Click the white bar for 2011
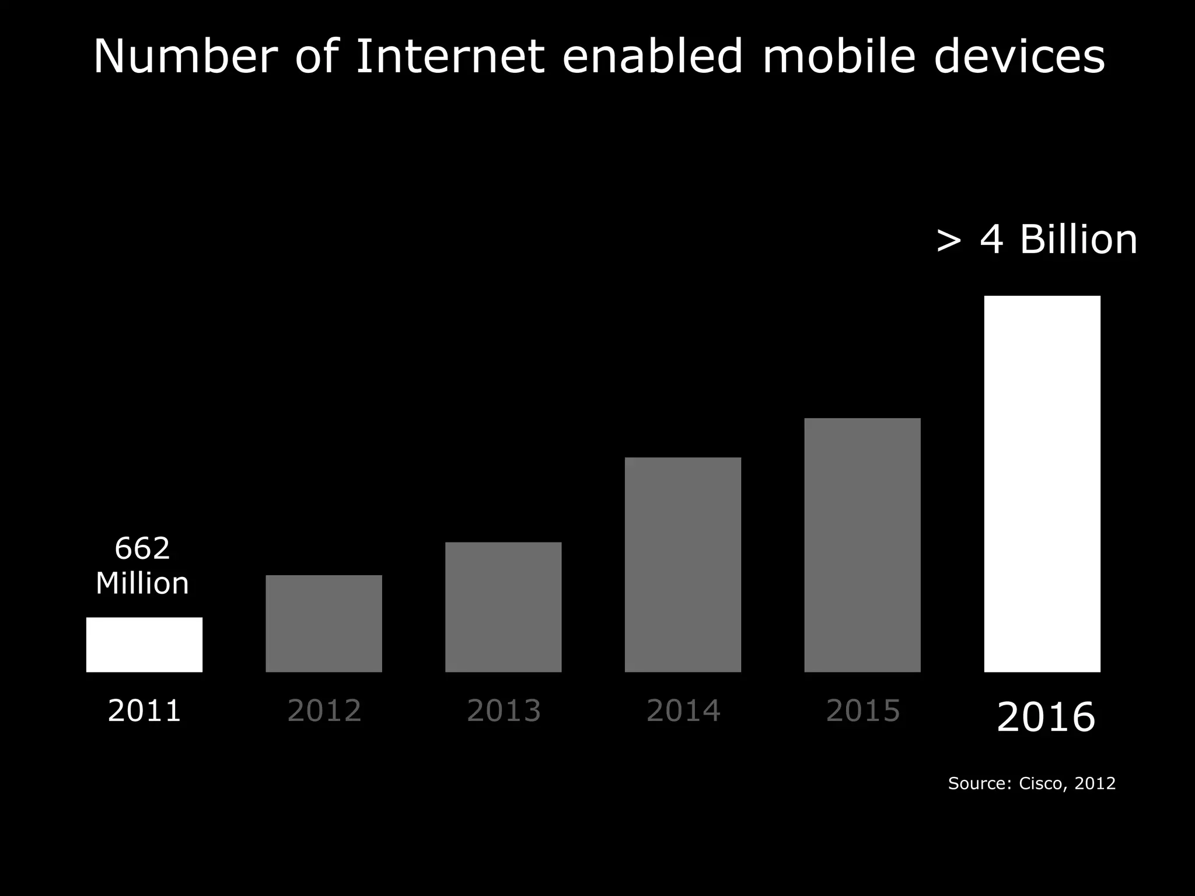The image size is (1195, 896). pyautogui.click(x=144, y=645)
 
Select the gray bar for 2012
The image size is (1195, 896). pyautogui.click(x=324, y=624)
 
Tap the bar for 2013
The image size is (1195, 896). pyautogui.click(x=503, y=607)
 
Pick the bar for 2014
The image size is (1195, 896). pyautogui.click(x=683, y=565)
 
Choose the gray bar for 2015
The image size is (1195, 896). pyautogui.click(x=862, y=545)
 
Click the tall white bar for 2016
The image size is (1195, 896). pyautogui.click(x=1042, y=484)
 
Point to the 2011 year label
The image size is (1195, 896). pyautogui.click(x=144, y=710)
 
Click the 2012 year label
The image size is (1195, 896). pyautogui.click(x=324, y=710)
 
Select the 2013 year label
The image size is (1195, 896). pyautogui.click(x=504, y=710)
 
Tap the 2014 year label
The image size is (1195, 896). pyautogui.click(x=683, y=710)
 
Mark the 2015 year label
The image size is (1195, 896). pyautogui.click(x=863, y=710)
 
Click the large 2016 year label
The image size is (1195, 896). pyautogui.click(x=1046, y=717)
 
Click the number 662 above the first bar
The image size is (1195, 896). pyautogui.click(x=142, y=548)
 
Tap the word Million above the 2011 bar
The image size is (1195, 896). pyautogui.click(x=142, y=583)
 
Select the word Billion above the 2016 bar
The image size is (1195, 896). pyautogui.click(x=1078, y=240)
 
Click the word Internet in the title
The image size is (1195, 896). pyautogui.click(x=450, y=57)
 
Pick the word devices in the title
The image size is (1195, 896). pyautogui.click(x=1019, y=57)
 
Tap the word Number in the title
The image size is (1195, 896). pyautogui.click(x=186, y=57)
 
